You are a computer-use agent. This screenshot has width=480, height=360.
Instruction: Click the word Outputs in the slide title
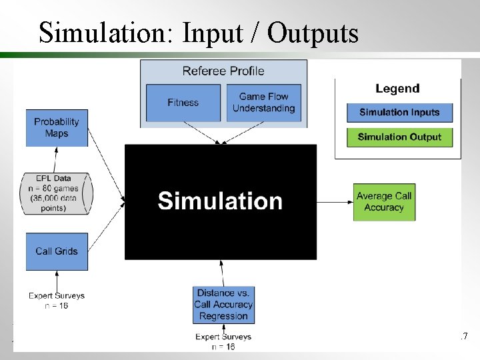(x=313, y=32)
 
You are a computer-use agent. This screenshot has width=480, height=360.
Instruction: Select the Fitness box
(x=183, y=103)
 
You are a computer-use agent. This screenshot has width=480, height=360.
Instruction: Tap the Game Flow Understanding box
(x=263, y=103)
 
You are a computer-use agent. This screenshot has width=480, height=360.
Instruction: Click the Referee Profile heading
(x=223, y=71)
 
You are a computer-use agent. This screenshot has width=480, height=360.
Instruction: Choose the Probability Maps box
(x=57, y=127)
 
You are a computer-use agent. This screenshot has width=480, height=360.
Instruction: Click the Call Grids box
(x=57, y=251)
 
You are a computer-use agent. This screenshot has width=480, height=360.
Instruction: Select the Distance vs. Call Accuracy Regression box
(x=223, y=304)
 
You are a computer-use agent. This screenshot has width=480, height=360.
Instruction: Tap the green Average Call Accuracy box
(x=384, y=201)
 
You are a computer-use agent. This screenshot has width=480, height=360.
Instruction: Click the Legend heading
(x=397, y=88)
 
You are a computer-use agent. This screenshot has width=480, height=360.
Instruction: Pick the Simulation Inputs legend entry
(x=399, y=112)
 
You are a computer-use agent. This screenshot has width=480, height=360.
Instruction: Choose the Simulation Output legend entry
(x=399, y=137)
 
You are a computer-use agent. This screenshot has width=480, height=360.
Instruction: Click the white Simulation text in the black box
(x=220, y=201)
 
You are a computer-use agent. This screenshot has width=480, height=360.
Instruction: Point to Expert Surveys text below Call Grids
(x=57, y=300)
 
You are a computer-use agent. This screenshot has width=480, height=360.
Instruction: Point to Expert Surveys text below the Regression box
(x=223, y=341)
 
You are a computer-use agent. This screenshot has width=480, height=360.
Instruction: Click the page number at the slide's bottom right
(x=464, y=337)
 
